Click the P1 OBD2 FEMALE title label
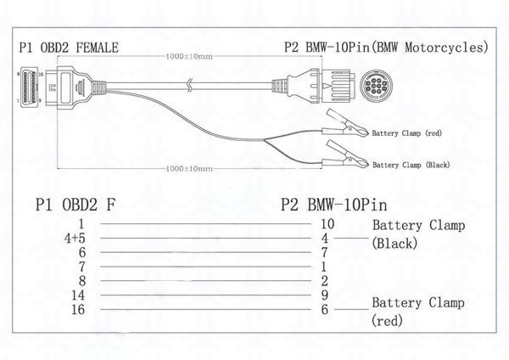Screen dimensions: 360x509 click(68, 48)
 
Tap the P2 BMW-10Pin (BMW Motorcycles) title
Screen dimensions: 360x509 click(385, 48)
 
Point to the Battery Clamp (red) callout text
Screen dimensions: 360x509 click(408, 132)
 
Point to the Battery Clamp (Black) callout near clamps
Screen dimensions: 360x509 click(411, 164)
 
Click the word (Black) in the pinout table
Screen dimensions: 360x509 click(394, 244)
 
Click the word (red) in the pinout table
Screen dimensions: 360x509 click(387, 321)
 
